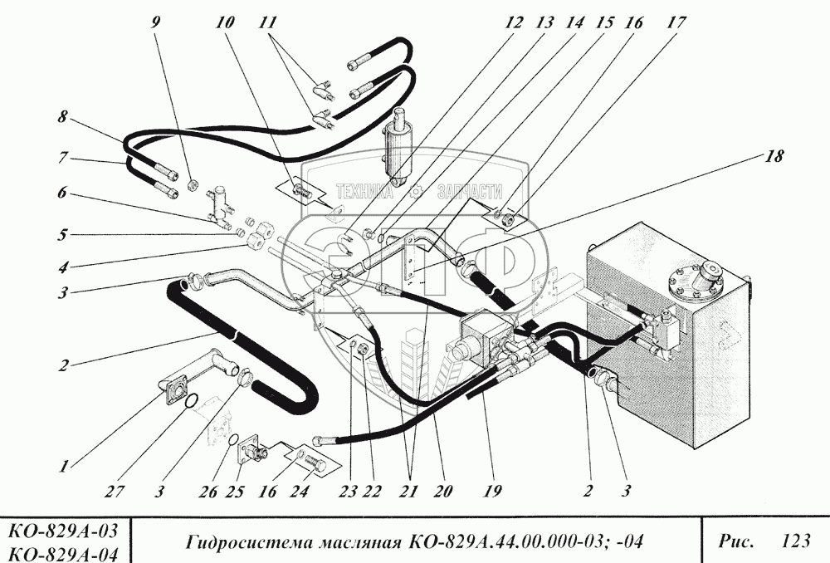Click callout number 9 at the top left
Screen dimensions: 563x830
click(x=155, y=22)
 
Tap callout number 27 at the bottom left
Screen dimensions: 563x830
click(x=114, y=492)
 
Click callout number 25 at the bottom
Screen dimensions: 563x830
click(x=235, y=492)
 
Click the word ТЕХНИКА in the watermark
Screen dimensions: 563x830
click(x=364, y=192)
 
